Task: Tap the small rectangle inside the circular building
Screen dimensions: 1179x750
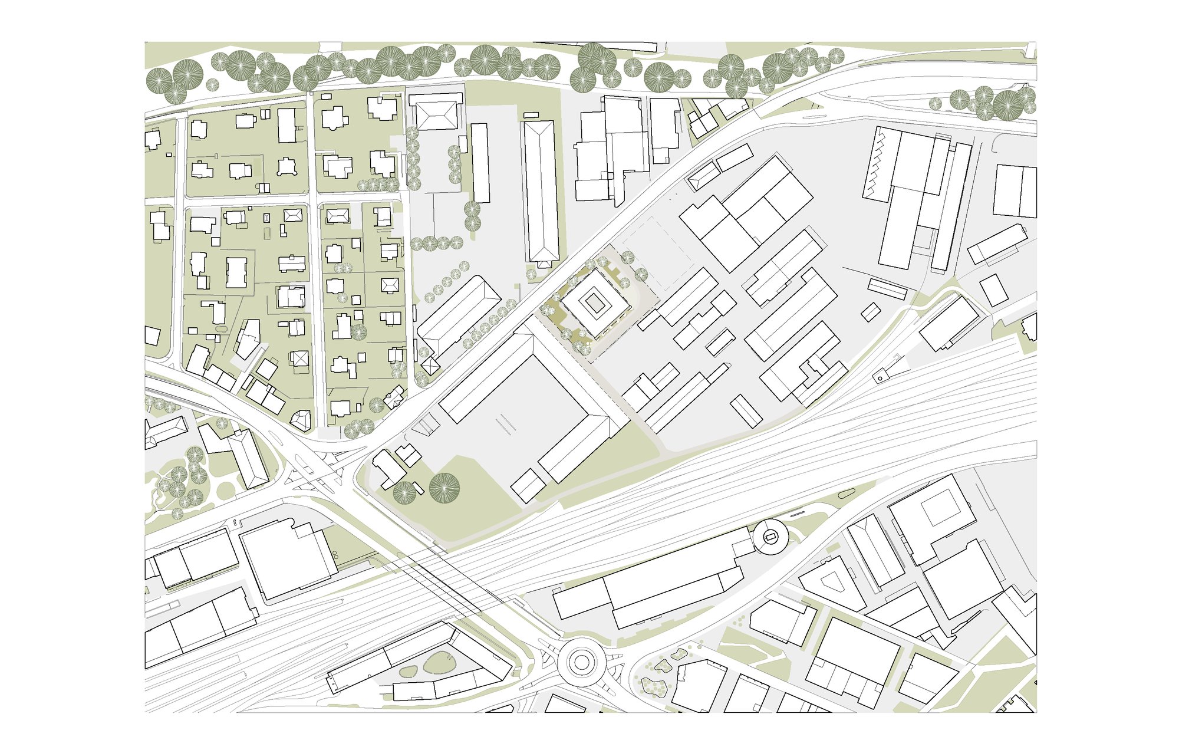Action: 770,537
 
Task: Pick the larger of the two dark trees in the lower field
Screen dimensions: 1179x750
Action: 444,488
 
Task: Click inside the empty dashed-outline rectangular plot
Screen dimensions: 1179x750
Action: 658,254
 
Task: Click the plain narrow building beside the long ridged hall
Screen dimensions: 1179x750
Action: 480,163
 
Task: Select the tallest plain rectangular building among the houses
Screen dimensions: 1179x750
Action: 286,125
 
